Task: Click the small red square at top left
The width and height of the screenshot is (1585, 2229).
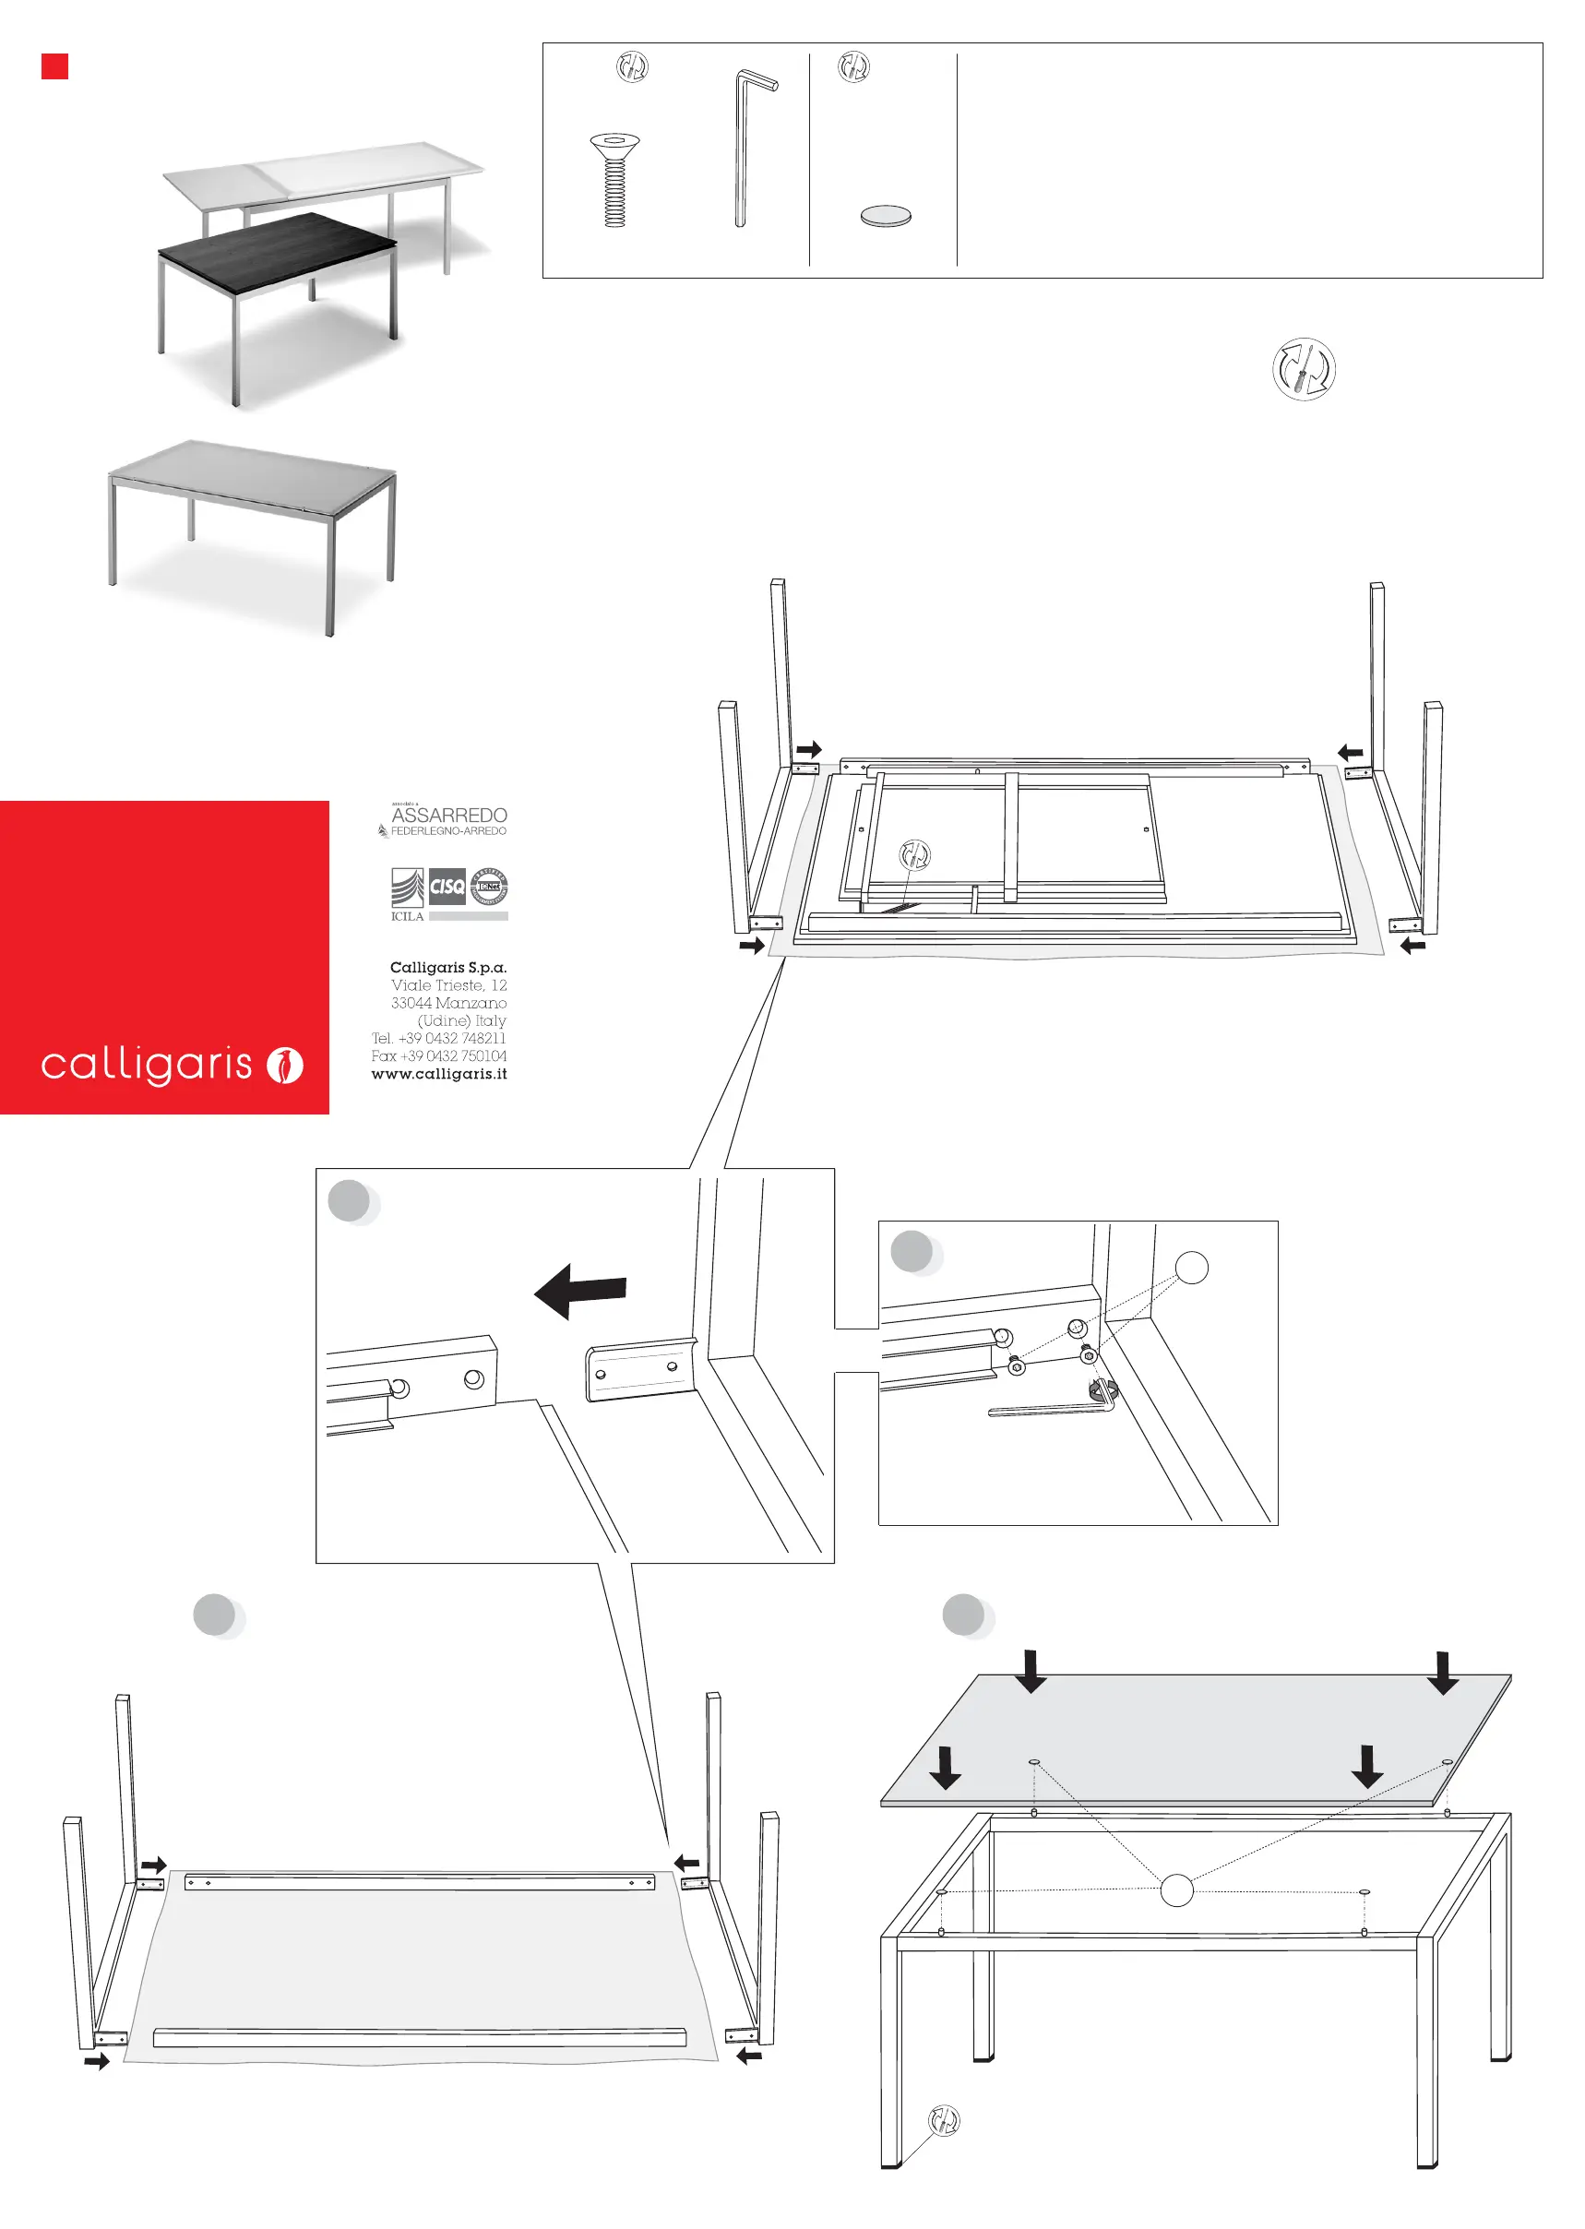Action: [x=54, y=66]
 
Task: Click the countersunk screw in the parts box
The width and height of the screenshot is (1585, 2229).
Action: [x=614, y=180]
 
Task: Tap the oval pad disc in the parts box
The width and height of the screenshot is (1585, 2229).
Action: [x=885, y=216]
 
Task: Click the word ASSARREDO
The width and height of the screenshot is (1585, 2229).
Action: [x=449, y=814]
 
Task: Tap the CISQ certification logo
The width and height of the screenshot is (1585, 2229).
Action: [x=447, y=886]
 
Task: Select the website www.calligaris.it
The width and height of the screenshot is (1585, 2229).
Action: [x=438, y=1074]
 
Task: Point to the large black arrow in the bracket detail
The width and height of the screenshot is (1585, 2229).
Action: [x=580, y=1290]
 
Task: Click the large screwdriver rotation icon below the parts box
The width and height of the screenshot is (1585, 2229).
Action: [x=1303, y=369]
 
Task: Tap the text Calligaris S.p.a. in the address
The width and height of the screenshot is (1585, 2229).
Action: [x=448, y=967]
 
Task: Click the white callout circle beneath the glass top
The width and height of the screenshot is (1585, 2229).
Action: [x=1176, y=1890]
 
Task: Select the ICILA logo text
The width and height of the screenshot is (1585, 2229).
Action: [x=407, y=915]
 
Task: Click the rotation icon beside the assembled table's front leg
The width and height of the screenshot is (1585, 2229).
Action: [x=944, y=2120]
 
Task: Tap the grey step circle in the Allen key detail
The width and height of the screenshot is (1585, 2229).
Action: [x=912, y=1251]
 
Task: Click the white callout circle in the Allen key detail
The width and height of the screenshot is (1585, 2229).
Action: [x=1191, y=1267]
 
